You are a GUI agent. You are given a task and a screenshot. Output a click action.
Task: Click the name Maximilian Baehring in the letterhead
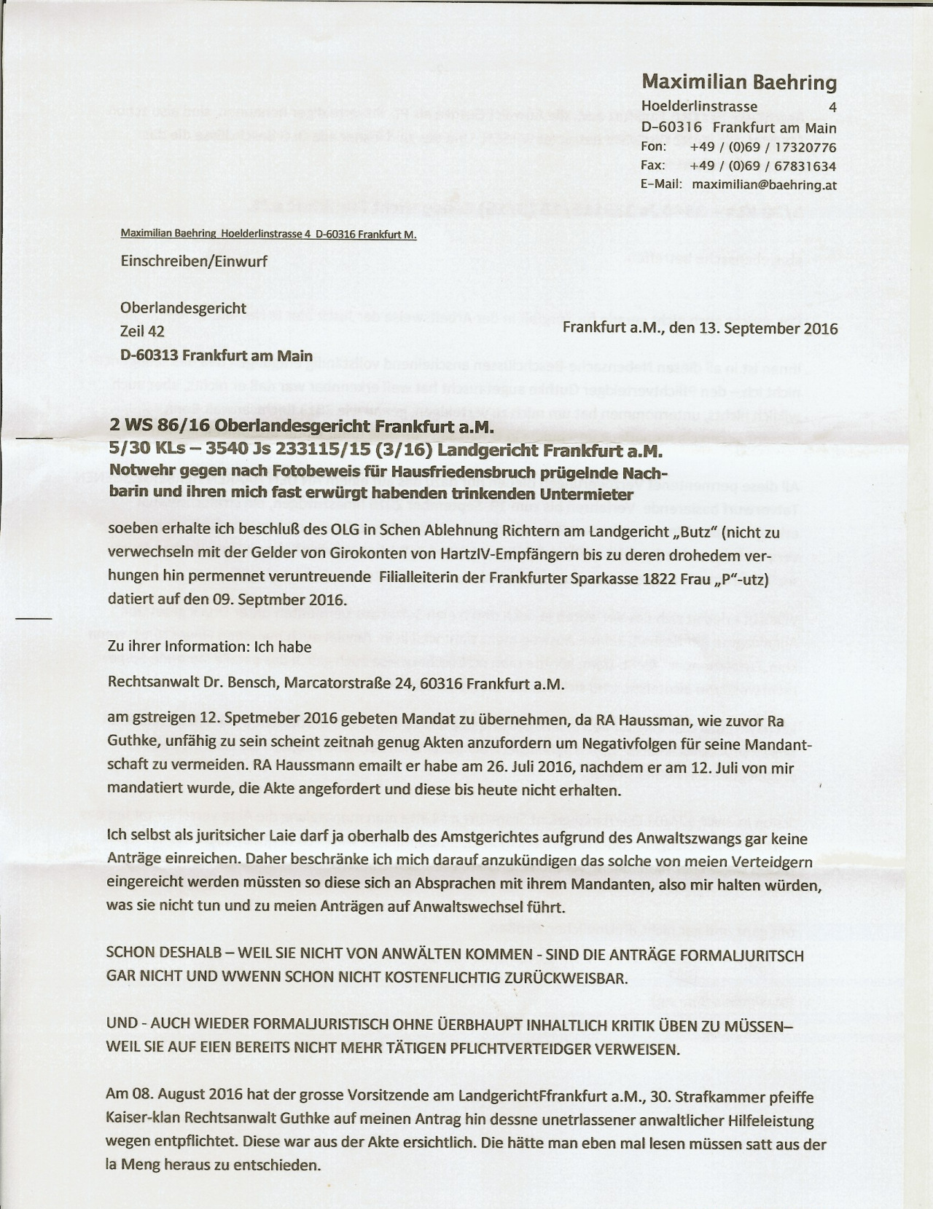[x=739, y=82]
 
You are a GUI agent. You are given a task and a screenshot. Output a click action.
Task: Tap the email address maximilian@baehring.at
[x=764, y=185]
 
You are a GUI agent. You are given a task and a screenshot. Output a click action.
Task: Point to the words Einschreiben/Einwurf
[x=194, y=261]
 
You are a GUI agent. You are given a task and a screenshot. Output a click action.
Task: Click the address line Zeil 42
[x=142, y=332]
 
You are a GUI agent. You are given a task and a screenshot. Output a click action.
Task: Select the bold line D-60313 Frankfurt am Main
[x=216, y=356]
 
